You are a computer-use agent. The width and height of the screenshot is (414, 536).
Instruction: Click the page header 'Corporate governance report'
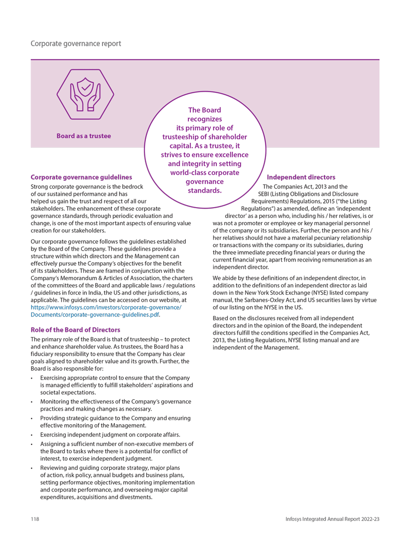[x=76, y=44]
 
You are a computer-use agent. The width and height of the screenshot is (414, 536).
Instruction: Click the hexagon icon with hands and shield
[x=85, y=95]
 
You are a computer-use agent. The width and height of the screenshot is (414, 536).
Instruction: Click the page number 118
[x=35, y=519]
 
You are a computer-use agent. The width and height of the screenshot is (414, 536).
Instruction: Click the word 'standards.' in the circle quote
[x=204, y=190]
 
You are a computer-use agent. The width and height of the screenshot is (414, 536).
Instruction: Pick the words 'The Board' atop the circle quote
[x=204, y=110]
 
